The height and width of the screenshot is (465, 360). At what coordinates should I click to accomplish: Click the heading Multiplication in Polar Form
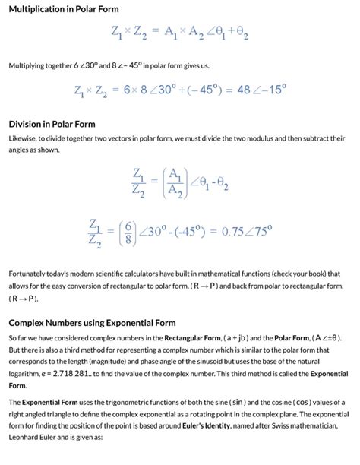(64, 9)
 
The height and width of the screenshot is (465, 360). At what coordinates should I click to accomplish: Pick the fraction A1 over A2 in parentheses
(174, 182)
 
